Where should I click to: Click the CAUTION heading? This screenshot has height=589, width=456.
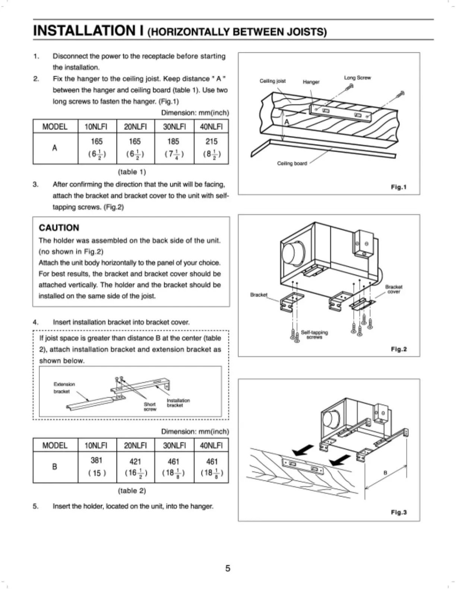point(59,228)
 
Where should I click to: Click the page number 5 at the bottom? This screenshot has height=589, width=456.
point(228,568)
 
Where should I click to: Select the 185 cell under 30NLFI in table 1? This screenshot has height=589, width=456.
point(173,142)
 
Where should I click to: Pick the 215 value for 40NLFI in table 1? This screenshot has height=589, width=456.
point(212,142)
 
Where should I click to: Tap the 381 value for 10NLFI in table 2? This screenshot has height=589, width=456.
point(96,460)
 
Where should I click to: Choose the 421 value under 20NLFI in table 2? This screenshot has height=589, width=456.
point(135,462)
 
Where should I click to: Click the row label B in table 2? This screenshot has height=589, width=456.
point(55,467)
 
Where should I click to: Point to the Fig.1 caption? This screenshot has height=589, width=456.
point(398,187)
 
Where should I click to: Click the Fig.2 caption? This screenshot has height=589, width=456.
point(399,349)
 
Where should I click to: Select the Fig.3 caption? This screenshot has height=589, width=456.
point(399,512)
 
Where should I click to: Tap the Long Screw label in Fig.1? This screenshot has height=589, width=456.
point(357,78)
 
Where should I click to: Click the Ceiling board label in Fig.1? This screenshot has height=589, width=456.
point(292,163)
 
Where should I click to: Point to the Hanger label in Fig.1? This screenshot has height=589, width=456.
point(311,82)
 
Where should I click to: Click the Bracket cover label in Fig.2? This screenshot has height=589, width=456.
point(393,289)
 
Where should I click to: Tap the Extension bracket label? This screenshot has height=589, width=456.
point(64,387)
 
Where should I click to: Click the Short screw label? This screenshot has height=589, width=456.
point(150,406)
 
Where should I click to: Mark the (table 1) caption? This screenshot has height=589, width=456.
point(132,172)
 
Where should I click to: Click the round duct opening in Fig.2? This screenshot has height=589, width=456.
point(291,253)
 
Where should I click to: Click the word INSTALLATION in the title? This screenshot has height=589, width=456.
point(85,30)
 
